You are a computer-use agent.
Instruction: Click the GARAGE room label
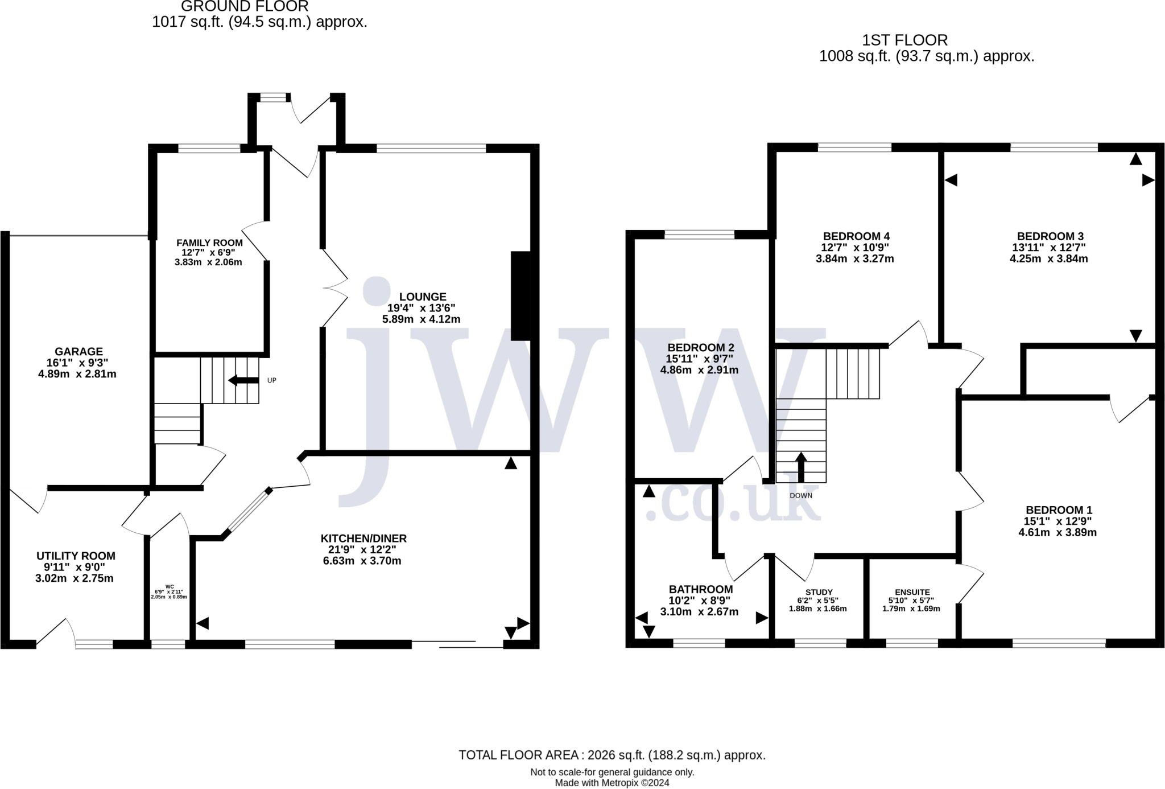tap(79, 352)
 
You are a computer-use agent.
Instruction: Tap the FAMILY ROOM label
tap(209, 243)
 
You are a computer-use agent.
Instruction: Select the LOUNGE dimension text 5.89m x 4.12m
tap(421, 319)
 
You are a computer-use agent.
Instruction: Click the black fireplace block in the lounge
tap(520, 296)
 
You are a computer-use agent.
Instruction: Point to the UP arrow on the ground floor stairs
tap(243, 380)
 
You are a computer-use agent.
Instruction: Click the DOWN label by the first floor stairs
tap(801, 496)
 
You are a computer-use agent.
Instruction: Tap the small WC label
tap(170, 586)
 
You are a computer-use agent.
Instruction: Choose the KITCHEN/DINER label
tap(363, 539)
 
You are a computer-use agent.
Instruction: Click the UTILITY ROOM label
tap(76, 556)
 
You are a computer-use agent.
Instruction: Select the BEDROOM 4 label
tap(856, 236)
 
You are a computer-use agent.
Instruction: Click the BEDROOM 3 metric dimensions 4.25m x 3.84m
tap(1048, 258)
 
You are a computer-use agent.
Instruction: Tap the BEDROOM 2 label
tap(701, 348)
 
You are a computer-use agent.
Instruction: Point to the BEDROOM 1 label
tap(1059, 510)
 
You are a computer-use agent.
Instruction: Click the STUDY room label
tap(819, 592)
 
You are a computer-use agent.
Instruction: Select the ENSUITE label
tap(912, 592)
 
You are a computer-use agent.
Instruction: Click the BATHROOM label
tap(701, 590)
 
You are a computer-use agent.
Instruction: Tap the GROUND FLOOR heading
tap(245, 6)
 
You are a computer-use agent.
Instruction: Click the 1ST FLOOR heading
tap(905, 40)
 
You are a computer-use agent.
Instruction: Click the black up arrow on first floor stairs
tap(801, 467)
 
